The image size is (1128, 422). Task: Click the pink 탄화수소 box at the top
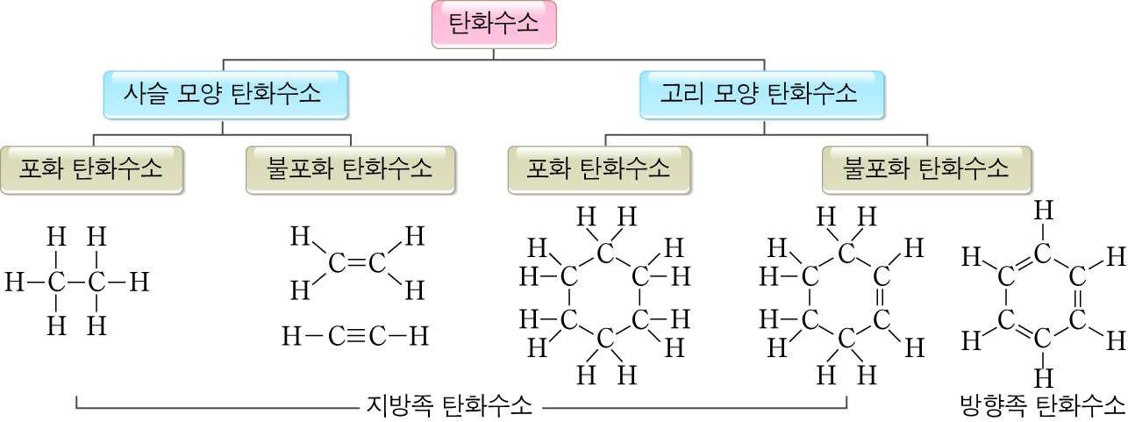click(x=494, y=24)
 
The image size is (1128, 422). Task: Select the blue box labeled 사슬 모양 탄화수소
click(x=223, y=93)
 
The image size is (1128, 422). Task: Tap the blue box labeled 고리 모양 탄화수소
click(x=760, y=93)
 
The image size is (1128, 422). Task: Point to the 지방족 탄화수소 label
click(x=448, y=405)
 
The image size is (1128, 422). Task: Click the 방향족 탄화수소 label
click(x=1042, y=405)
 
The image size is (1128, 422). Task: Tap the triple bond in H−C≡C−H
click(x=355, y=335)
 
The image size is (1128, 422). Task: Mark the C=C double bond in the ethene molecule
click(x=355, y=262)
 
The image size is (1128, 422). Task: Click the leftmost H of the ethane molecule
click(x=14, y=283)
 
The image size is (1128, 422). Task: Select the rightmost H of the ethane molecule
click(x=139, y=283)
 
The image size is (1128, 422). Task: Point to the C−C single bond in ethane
click(x=76, y=283)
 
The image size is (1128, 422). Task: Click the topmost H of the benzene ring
click(x=1043, y=211)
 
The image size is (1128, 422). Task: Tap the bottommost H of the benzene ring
click(x=1043, y=379)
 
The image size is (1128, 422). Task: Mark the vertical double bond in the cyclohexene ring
click(x=882, y=299)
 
